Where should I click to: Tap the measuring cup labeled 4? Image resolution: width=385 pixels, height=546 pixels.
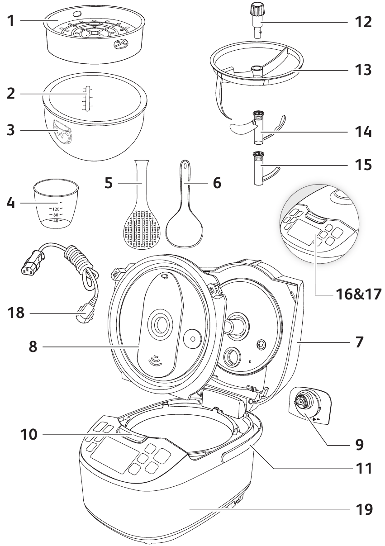57,203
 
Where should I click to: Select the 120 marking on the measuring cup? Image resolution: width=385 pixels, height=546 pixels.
56,209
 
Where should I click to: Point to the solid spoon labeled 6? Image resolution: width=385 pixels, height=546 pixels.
183,217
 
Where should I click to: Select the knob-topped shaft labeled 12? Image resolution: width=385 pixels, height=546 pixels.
257,20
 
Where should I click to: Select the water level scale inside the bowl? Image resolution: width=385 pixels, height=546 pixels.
88,97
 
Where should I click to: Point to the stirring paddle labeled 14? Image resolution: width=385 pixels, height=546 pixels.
258,131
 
